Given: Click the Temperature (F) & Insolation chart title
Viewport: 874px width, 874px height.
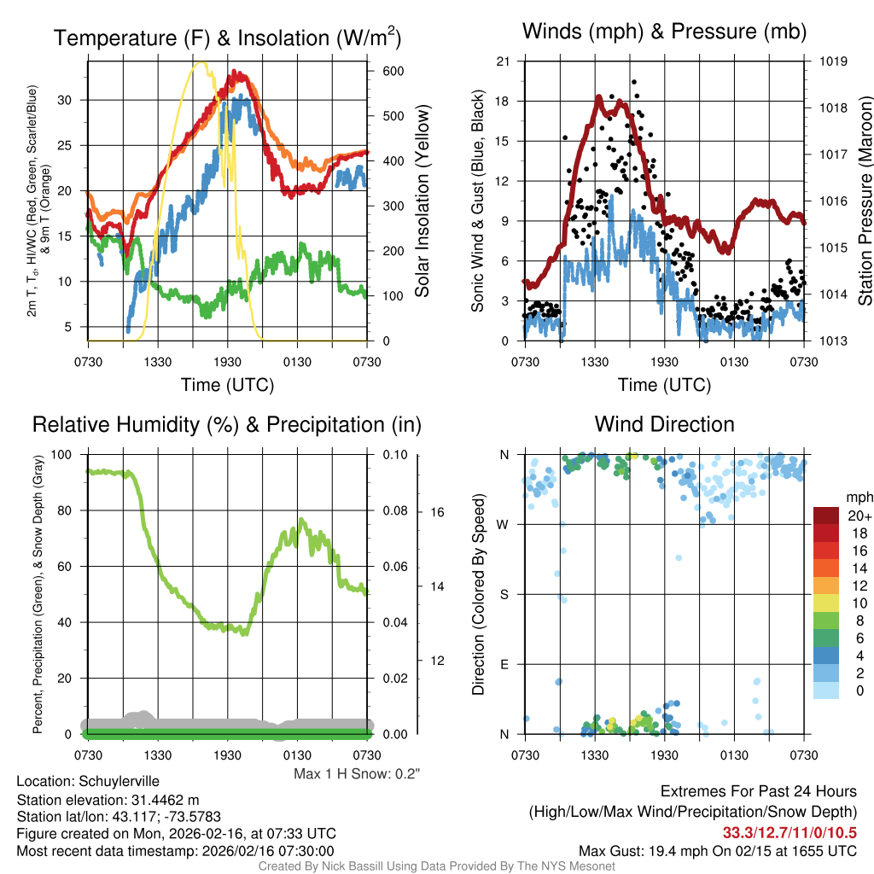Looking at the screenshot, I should click(227, 38).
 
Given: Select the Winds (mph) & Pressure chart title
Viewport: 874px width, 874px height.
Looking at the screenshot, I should click(664, 32).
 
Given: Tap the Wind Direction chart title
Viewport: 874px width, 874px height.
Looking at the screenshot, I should click(664, 424).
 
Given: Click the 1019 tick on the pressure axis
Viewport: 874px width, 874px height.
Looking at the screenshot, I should click(832, 61).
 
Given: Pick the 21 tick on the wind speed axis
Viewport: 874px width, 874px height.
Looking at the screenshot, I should click(503, 61).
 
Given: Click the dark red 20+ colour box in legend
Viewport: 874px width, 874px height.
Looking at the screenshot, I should click(827, 516).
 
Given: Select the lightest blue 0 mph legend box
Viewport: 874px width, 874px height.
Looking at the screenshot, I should click(827, 643).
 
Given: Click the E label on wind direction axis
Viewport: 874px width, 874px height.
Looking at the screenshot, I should click(504, 664).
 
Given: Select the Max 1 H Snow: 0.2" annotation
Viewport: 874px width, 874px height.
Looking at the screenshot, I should click(357, 774).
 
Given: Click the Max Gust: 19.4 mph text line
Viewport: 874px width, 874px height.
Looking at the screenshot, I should click(717, 850).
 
